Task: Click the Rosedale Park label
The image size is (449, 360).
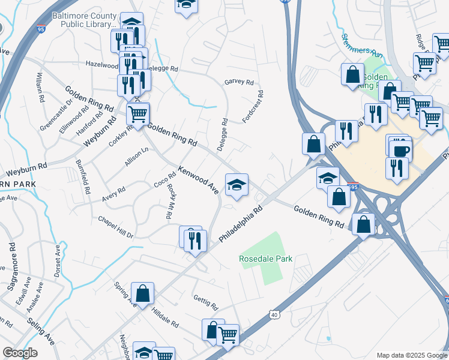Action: pos(265,259)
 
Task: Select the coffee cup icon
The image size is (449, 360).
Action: pos(400,150)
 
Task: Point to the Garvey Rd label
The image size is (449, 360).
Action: pos(239,82)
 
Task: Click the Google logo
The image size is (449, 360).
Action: pos(20,353)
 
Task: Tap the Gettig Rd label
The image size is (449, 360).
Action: pos(205,302)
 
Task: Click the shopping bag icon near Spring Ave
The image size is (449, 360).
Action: pos(143,294)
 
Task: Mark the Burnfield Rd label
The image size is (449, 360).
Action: pos(83,176)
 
